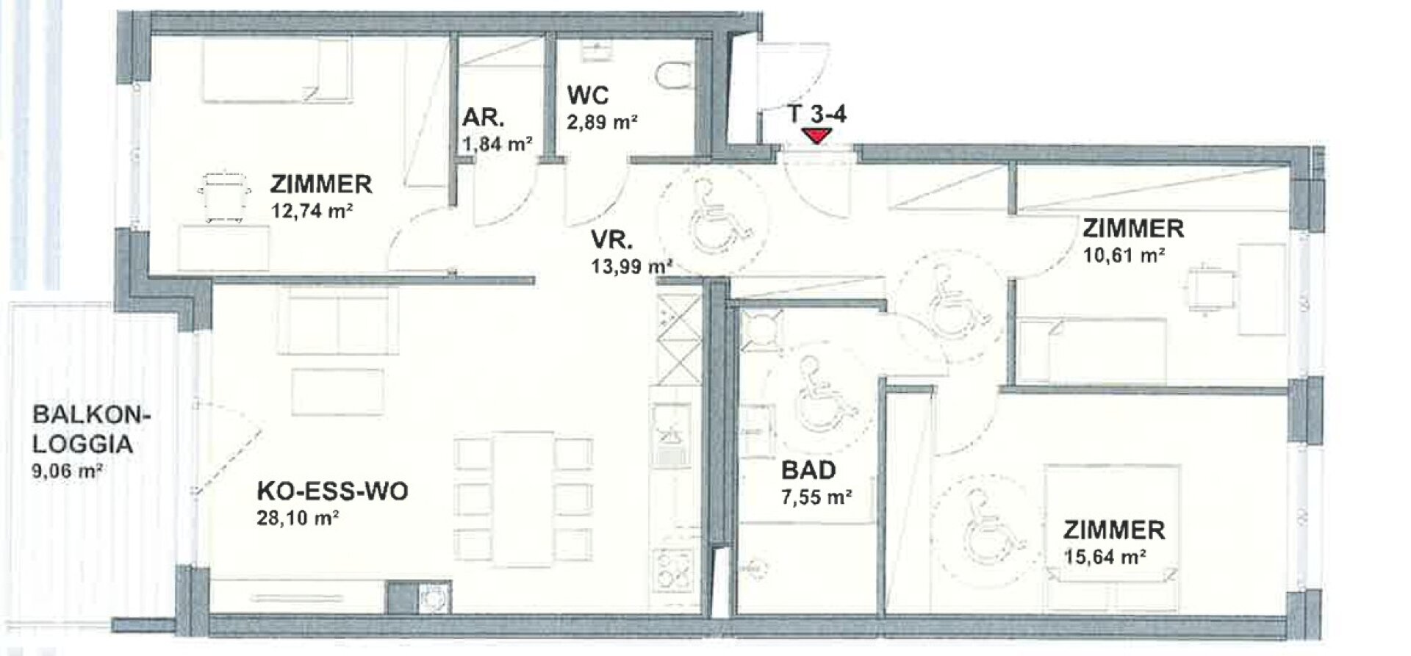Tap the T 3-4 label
point(816,114)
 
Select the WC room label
point(587,95)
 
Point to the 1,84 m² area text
point(498,143)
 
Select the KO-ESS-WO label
point(332,491)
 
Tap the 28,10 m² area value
point(298,519)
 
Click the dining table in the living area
point(523,500)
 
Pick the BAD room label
point(808,469)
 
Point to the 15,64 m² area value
point(1105,557)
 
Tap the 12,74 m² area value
point(312,212)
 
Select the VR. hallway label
point(611,240)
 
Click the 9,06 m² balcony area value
point(66,471)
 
